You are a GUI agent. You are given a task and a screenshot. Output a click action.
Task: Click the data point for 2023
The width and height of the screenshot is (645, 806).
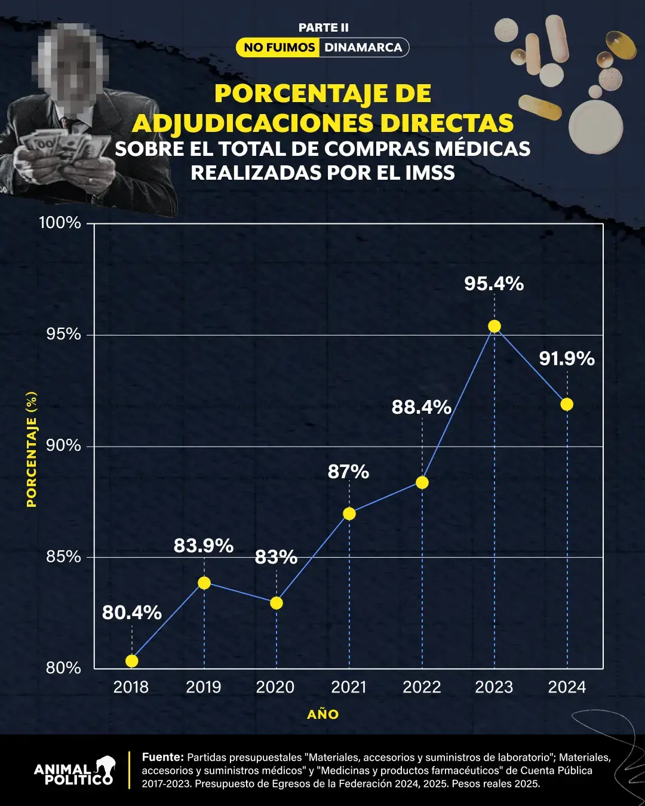(x=494, y=326)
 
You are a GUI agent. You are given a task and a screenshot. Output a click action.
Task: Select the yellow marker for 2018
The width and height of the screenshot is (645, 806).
(x=132, y=661)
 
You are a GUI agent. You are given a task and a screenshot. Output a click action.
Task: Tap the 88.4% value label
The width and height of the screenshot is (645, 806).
(x=421, y=407)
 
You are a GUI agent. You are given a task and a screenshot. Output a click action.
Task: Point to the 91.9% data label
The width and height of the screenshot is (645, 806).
(x=567, y=359)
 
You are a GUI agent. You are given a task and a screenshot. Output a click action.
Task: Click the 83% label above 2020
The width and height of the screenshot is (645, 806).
(x=276, y=557)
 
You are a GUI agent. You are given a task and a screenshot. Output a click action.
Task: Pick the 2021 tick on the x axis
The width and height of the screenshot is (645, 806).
(x=349, y=687)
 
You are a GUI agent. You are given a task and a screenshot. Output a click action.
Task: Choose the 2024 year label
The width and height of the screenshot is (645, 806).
(x=567, y=687)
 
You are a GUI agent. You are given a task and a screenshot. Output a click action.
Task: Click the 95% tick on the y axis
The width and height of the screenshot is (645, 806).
(x=64, y=334)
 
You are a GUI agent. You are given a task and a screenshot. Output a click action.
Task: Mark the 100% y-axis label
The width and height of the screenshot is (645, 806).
(x=60, y=223)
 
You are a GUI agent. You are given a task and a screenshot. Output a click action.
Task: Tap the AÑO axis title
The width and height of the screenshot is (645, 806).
(x=323, y=715)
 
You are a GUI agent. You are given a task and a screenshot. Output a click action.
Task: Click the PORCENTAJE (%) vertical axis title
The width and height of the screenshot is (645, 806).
(x=32, y=450)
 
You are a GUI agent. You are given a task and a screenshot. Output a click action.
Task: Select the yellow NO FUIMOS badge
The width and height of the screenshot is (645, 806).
(x=279, y=48)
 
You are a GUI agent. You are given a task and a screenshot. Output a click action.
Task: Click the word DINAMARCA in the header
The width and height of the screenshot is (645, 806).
(x=363, y=48)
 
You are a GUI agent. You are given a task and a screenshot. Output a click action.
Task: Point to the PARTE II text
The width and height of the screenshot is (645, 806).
(x=323, y=27)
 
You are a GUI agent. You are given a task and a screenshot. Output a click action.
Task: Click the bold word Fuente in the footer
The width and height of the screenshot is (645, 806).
(x=162, y=757)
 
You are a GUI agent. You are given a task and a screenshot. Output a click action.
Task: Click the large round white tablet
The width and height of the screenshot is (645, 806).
(x=595, y=127)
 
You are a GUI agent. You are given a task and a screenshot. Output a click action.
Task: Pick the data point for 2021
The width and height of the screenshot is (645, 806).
(x=349, y=513)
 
